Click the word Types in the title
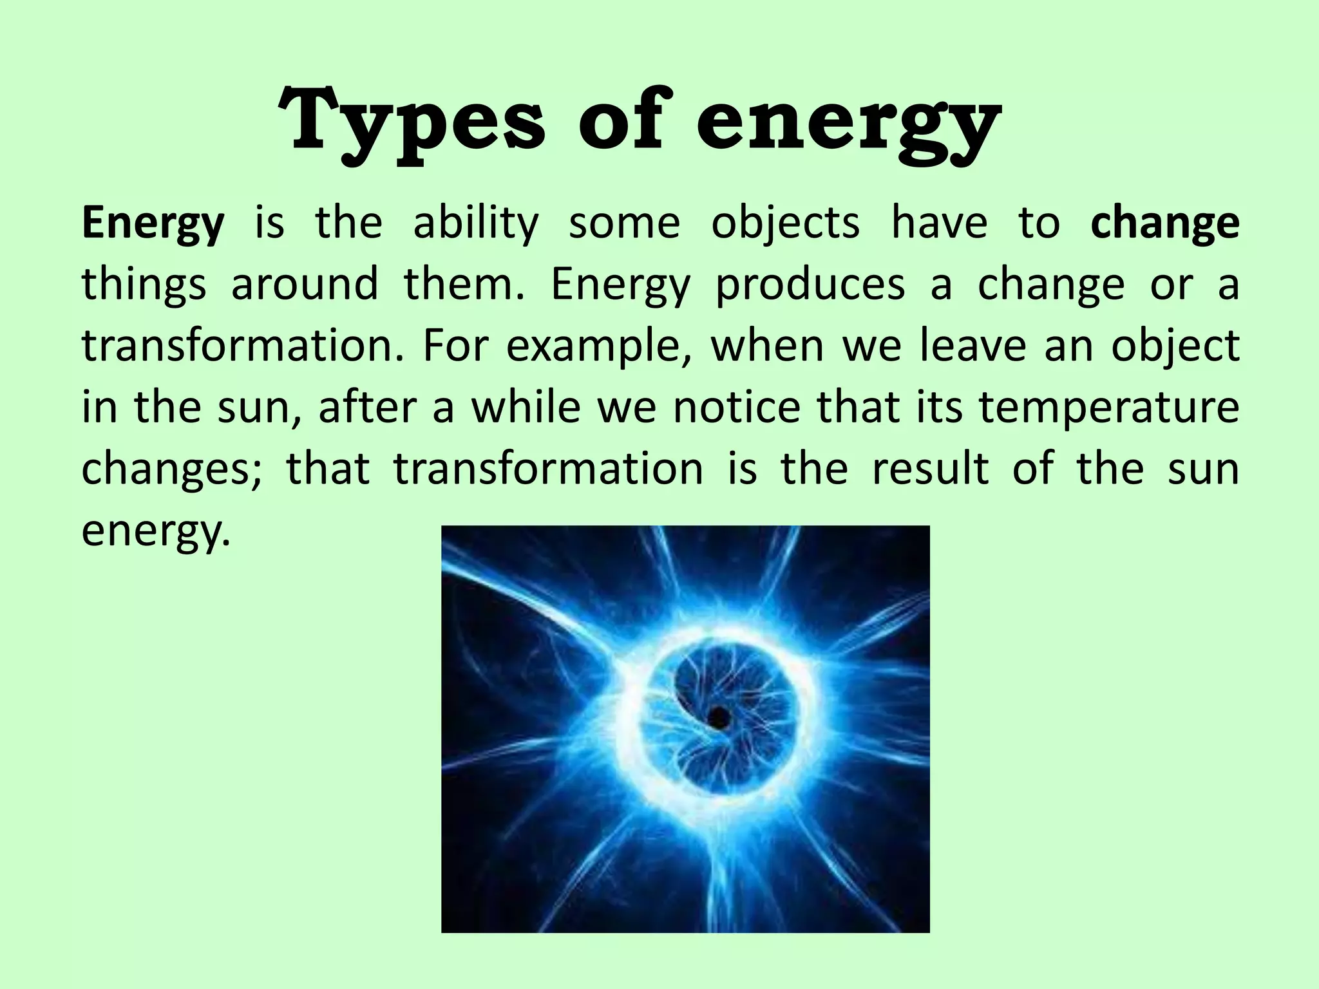[412, 122]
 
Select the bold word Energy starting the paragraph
[153, 224]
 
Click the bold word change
[1165, 224]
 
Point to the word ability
[475, 224]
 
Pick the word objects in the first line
[785, 224]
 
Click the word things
[144, 285]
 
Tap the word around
[304, 285]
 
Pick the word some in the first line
[624, 224]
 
